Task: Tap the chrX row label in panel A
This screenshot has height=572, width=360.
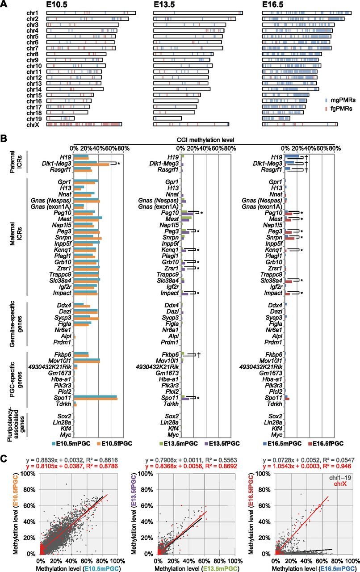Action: pos(33,125)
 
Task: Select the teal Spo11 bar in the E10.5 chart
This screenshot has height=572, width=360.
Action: pos(95,396)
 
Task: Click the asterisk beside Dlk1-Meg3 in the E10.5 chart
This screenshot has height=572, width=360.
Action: pos(119,164)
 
